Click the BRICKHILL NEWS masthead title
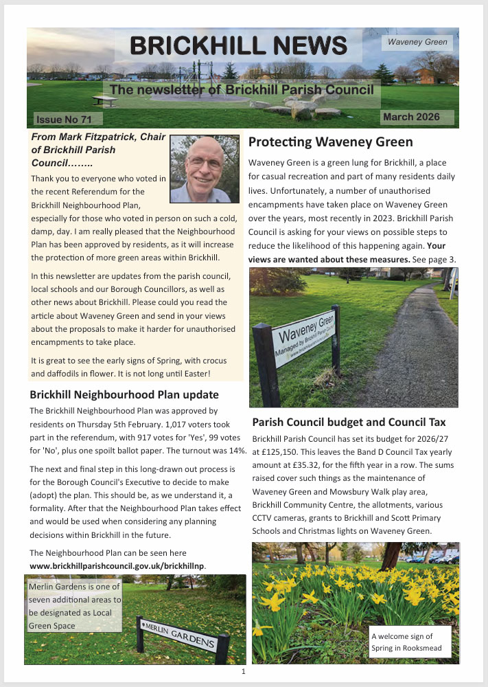[238, 45]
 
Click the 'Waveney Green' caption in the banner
[417, 43]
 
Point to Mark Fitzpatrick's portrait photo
[200, 169]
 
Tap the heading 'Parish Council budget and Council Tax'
[349, 422]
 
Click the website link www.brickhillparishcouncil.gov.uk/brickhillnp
[118, 565]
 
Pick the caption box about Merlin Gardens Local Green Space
[75, 606]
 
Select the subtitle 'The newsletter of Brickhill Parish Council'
[242, 90]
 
